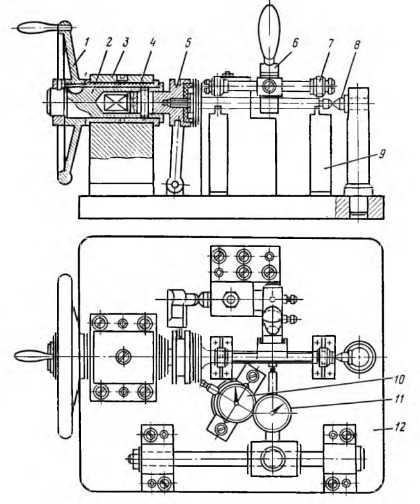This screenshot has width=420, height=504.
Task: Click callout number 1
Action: pyautogui.click(x=87, y=42)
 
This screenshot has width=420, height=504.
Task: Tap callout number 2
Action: pyautogui.click(x=109, y=42)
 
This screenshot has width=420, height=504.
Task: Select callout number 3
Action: pyautogui.click(x=125, y=42)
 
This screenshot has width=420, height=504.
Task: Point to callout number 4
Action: pyautogui.click(x=152, y=42)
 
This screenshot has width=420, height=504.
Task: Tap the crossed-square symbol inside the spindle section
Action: pyautogui.click(x=116, y=103)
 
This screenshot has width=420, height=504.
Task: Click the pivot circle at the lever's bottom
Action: pyautogui.click(x=175, y=185)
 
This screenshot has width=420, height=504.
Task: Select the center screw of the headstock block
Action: pyautogui.click(x=123, y=358)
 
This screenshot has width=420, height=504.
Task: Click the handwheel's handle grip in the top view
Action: pyautogui.click(x=31, y=357)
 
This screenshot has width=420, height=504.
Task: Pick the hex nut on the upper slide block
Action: pyautogui.click(x=230, y=299)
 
